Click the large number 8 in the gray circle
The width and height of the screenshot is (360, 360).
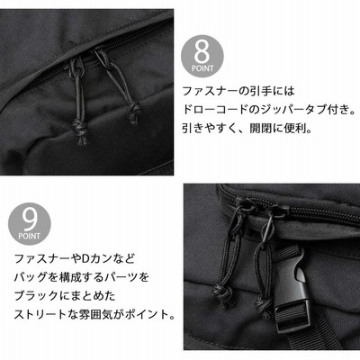click(x=202, y=51)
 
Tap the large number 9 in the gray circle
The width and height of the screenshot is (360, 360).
click(x=30, y=220)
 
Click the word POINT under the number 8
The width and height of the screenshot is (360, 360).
click(x=202, y=68)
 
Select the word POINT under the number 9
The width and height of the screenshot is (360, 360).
click(x=30, y=236)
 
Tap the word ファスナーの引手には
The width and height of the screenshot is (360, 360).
click(x=238, y=91)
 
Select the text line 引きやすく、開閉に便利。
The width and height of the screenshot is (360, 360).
click(x=247, y=129)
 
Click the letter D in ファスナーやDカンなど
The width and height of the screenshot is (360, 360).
click(x=85, y=258)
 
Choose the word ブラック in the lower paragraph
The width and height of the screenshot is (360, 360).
click(x=36, y=296)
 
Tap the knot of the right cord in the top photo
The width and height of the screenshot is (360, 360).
click(x=135, y=112)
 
